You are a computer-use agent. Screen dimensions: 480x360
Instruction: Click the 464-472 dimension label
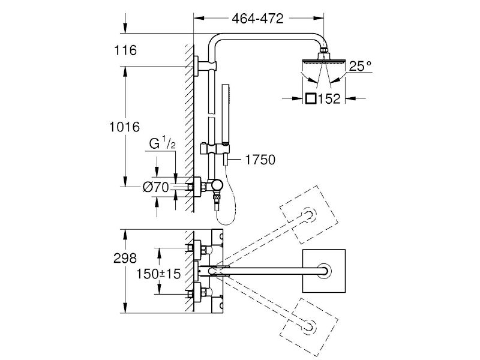point(257,19)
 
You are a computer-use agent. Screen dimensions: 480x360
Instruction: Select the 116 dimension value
point(125,50)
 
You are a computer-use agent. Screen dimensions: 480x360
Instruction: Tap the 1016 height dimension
point(125,127)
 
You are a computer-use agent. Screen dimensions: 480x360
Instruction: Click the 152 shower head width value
point(329,98)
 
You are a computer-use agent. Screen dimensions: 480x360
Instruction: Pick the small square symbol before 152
point(311,98)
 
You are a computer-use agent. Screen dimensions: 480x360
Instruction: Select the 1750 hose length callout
point(260,160)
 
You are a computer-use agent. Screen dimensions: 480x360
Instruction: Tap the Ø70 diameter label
point(156,187)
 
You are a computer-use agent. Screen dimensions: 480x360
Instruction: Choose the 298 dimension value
point(125,259)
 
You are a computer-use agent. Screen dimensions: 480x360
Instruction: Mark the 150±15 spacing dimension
point(158,274)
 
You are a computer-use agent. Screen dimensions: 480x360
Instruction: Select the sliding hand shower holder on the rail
point(212,149)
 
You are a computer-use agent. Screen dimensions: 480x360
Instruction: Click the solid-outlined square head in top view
point(324,271)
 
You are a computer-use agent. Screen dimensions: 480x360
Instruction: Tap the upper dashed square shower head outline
point(309,215)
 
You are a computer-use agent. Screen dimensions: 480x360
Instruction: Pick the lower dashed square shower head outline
point(309,327)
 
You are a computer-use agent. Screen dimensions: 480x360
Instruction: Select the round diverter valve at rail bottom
point(218,185)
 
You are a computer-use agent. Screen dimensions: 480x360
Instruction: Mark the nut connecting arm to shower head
point(324,50)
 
